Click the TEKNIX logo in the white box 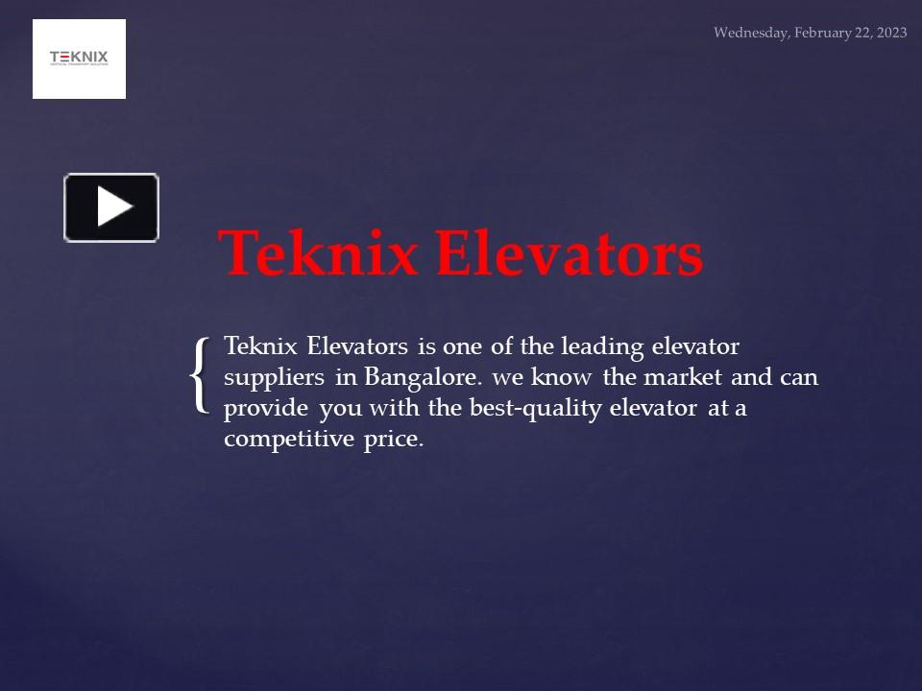point(79,59)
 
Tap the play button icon point(111,207)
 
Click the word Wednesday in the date point(752,33)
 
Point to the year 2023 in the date point(890,33)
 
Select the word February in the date point(824,33)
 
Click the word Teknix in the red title point(319,254)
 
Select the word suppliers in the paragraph point(274,377)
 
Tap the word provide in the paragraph point(266,408)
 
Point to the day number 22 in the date point(861,33)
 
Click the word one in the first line point(462,345)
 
